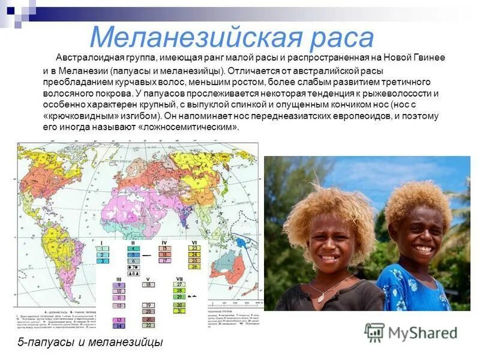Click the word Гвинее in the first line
(x=426, y=58)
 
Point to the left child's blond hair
(x=329, y=207)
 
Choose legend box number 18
(x=148, y=284)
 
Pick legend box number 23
(x=194, y=247)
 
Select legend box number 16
(x=164, y=254)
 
